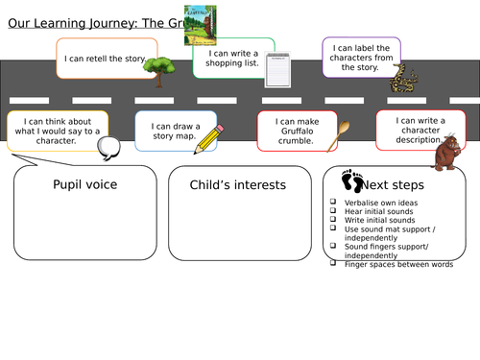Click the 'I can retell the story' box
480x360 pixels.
pos(104,59)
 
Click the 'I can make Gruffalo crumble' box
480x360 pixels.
pos(295,129)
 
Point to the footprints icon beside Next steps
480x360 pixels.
pos(353,180)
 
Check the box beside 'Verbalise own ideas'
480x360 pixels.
pos(331,203)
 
